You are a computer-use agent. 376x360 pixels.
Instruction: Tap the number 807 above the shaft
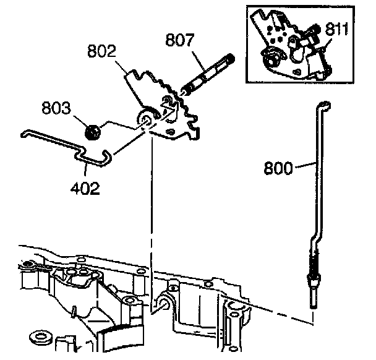point(180,40)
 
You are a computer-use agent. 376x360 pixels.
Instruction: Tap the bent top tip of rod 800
point(323,102)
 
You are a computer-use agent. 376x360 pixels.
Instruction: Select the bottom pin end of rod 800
point(315,303)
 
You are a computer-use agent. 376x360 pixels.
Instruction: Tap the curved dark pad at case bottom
point(117,340)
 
